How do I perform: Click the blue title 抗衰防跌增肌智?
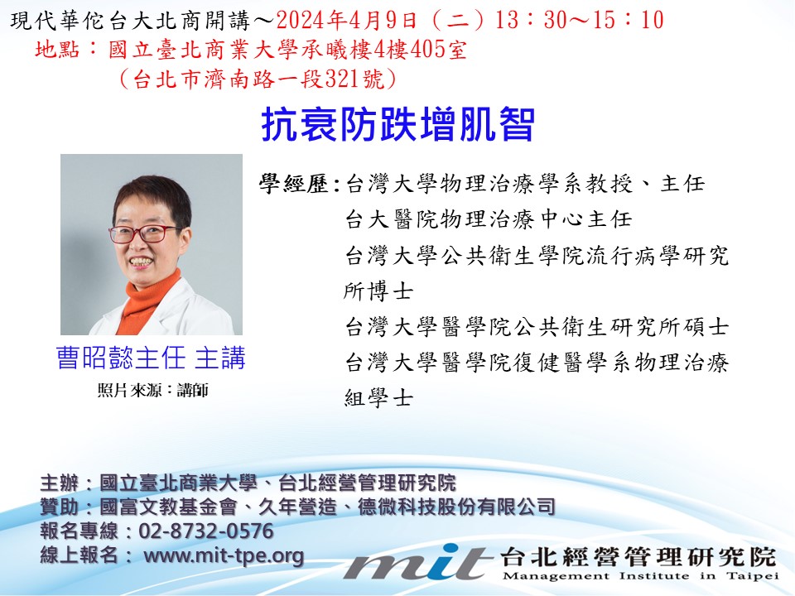coord(398,124)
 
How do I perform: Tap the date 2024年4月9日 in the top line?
coord(347,21)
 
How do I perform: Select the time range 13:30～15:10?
coord(579,21)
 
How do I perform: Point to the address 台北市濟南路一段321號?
coord(258,79)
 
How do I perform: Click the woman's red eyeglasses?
coord(144,233)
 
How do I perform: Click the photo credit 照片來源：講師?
coord(152,390)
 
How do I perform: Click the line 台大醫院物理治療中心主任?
coord(489,219)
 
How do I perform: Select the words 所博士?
coord(378,291)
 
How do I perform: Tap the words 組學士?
coord(378,398)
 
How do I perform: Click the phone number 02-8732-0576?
coord(206,531)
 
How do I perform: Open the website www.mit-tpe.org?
coord(224,555)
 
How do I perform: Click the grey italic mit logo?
coord(417,563)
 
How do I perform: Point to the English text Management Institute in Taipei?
coord(640,576)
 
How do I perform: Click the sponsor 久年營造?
coord(297,507)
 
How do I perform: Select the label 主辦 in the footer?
coord(60,483)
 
